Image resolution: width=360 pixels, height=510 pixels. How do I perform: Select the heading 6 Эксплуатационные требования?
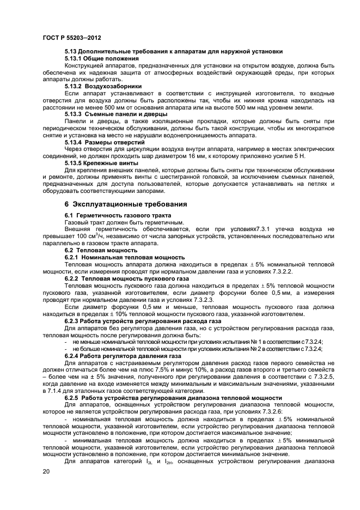pyautogui.click(x=125, y=204)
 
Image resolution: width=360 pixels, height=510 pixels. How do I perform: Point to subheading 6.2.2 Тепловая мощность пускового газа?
pyautogui.click(x=126, y=278)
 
